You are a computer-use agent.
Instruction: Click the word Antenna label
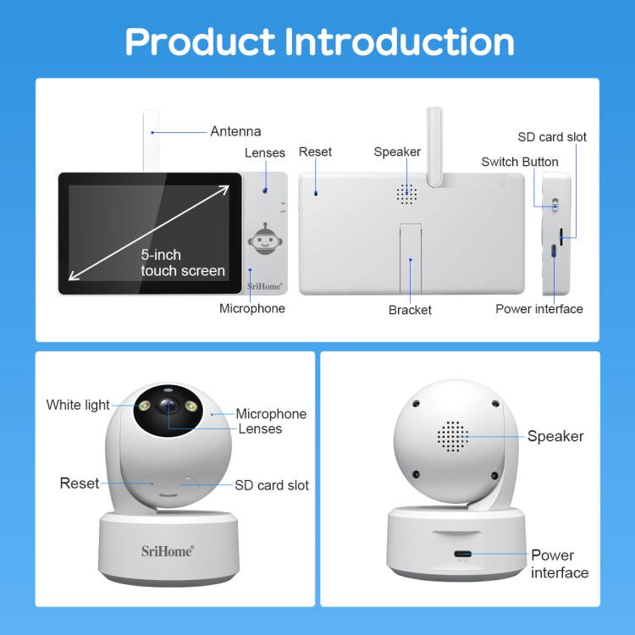235,131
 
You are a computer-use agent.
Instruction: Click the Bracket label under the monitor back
410,310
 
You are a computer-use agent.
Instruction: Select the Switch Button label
520,162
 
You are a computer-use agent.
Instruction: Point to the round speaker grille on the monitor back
407,194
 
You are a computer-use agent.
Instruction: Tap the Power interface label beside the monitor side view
538,309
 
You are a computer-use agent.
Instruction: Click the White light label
78,405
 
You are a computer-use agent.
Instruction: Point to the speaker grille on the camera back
453,436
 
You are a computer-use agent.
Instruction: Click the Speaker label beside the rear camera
555,436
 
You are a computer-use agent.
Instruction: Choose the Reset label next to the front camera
80,483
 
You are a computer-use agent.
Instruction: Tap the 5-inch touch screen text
182,262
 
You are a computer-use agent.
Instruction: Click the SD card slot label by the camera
272,485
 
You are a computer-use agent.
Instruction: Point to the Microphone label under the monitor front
252,308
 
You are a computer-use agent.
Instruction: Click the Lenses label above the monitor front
265,153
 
